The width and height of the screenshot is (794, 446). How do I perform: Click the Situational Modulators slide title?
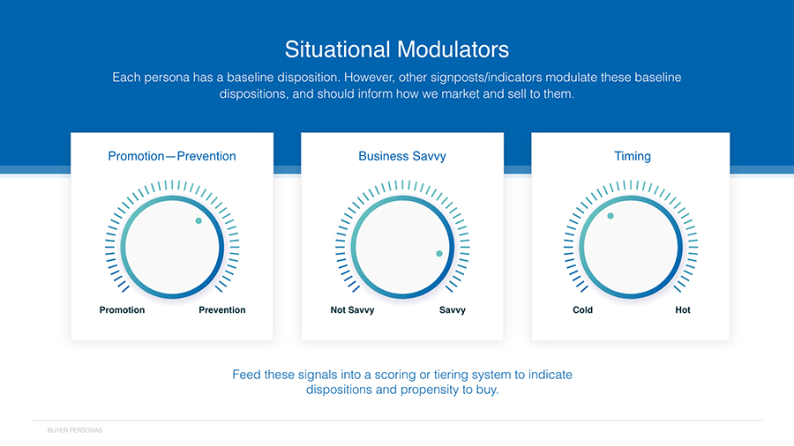pos(397,49)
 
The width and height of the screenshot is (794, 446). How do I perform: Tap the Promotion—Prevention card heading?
pos(172,156)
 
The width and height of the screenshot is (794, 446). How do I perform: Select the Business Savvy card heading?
pos(402,156)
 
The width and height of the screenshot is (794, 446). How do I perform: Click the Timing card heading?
pos(633,156)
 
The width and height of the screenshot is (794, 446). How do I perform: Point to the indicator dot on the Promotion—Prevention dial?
pos(198,221)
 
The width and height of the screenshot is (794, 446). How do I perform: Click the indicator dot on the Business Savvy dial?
pos(439,254)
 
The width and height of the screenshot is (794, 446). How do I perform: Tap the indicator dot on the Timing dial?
pos(610,216)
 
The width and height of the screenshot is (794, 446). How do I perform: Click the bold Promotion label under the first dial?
pos(122,310)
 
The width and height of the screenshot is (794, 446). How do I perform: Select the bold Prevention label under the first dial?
pos(221,310)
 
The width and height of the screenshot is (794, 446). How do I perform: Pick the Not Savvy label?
pos(352,310)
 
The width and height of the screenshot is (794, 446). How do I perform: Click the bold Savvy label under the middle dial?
pos(453,310)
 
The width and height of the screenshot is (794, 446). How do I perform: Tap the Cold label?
pos(582,310)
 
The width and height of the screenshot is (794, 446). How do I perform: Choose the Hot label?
pos(683,310)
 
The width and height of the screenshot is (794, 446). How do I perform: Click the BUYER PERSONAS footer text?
pos(75,430)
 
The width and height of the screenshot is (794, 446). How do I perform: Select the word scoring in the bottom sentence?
pos(395,375)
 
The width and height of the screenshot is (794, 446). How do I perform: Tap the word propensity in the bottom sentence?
pos(429,390)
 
